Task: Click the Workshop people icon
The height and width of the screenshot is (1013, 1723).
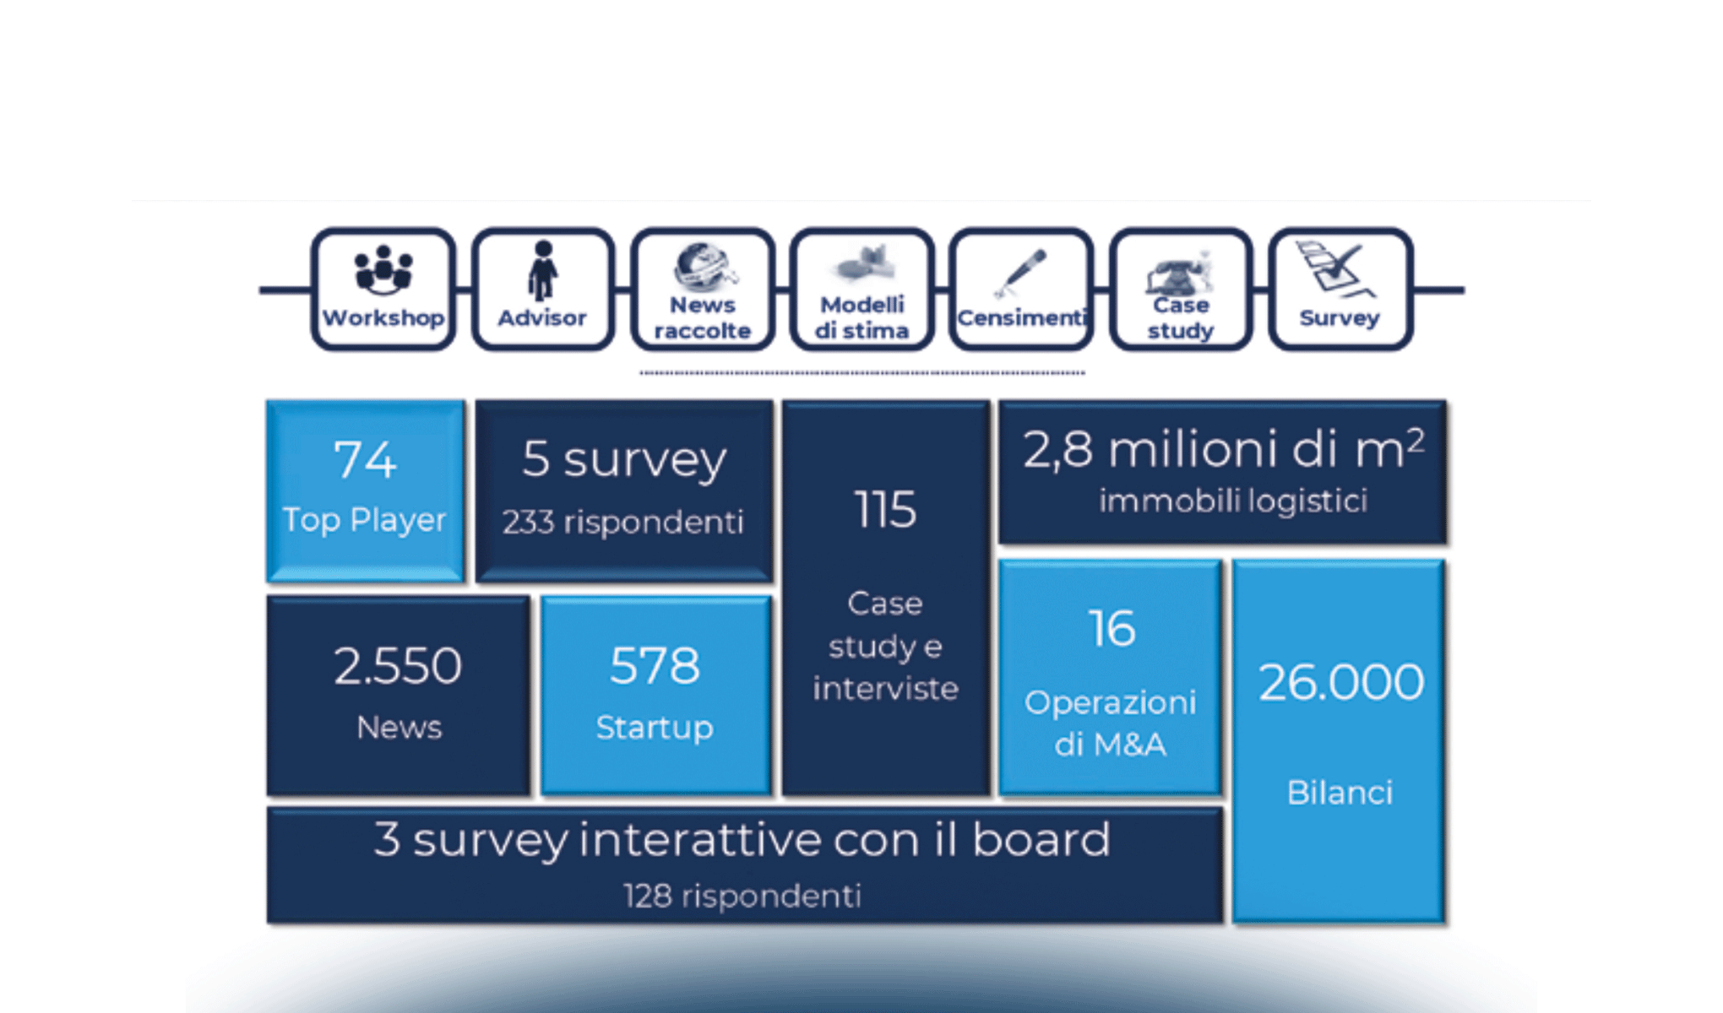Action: (x=383, y=269)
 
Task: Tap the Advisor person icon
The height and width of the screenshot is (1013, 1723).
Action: (x=542, y=270)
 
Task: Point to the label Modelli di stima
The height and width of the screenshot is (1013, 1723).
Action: (x=861, y=317)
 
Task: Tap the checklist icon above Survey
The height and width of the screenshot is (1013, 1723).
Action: (x=1336, y=268)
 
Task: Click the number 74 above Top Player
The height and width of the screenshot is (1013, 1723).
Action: (x=365, y=460)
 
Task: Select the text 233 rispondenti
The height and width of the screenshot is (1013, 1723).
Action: (x=623, y=523)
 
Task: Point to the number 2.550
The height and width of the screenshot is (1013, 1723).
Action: (x=398, y=666)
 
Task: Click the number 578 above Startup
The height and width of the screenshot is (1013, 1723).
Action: (x=655, y=666)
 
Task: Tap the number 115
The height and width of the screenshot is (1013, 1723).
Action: (x=885, y=510)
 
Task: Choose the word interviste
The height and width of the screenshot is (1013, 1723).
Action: (x=885, y=689)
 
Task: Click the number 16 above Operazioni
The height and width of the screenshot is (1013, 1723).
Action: (x=1112, y=630)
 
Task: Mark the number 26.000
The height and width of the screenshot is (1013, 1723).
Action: (x=1340, y=682)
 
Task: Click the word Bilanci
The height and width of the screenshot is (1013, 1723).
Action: (x=1340, y=793)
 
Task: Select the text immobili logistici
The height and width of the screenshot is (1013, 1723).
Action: (x=1232, y=501)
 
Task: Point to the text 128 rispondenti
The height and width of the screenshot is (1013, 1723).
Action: (x=742, y=896)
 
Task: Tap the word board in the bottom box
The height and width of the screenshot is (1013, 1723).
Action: (x=1041, y=840)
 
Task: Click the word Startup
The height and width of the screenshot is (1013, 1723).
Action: (x=655, y=728)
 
